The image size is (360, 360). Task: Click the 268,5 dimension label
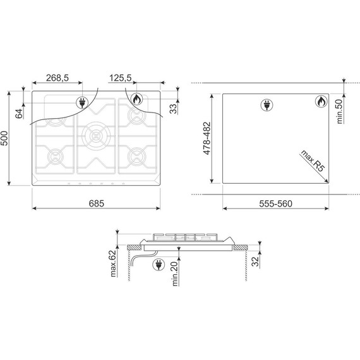[x=57, y=78]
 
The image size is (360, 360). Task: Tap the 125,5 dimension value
[x=120, y=78]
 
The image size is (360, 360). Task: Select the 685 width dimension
[x=97, y=203]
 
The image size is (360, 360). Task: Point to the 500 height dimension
[x=4, y=138]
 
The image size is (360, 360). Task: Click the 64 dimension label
[x=20, y=114]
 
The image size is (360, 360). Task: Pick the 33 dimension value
[x=174, y=109]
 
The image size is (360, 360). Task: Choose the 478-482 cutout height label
[x=207, y=138]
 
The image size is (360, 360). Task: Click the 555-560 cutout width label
[x=275, y=203]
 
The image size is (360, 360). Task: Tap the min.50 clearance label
[x=340, y=111]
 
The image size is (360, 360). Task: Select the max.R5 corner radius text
[x=313, y=160]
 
